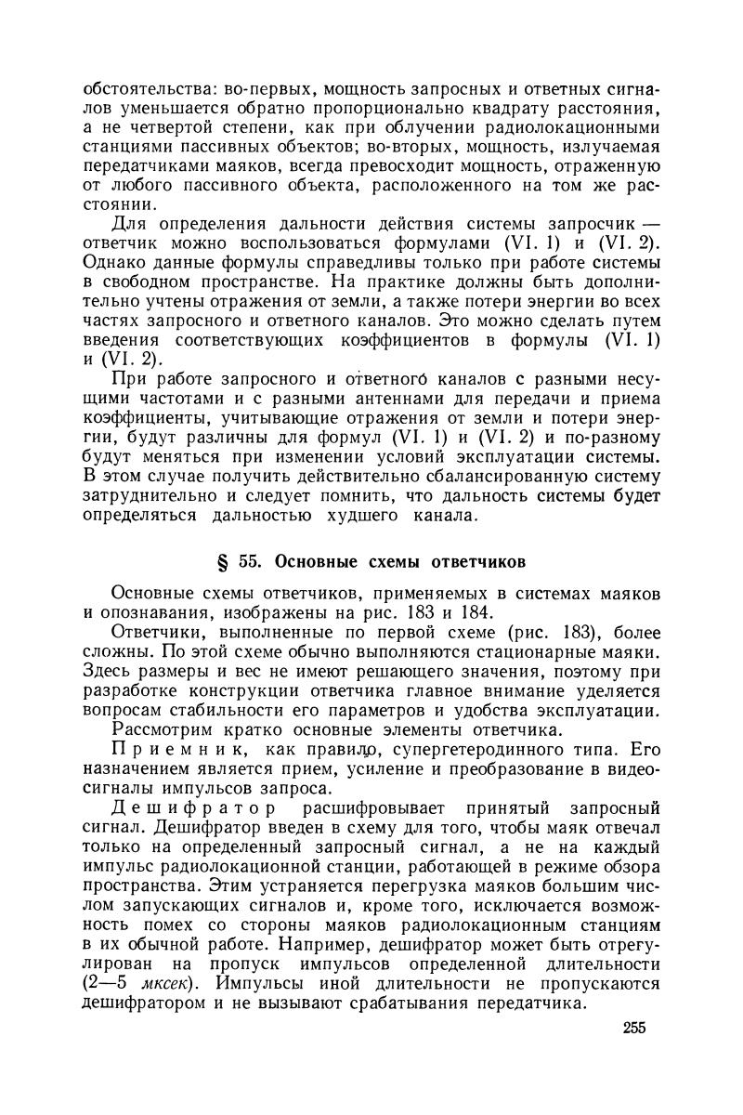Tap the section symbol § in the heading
(220, 561)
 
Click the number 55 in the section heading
(247, 561)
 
